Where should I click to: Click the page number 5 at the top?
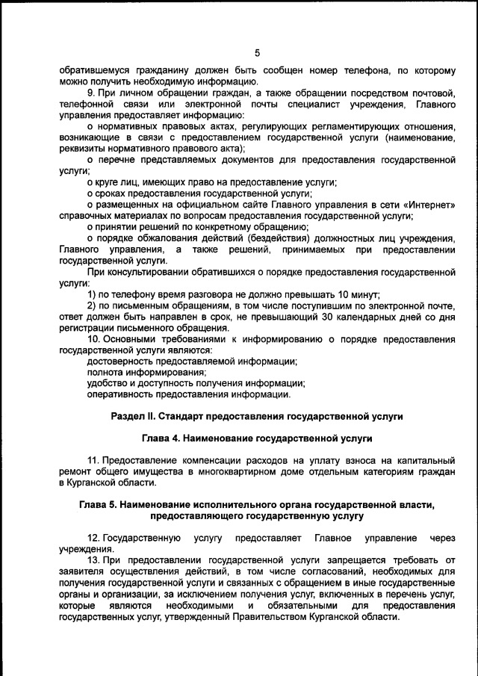(x=257, y=52)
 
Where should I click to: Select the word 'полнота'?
(x=105, y=372)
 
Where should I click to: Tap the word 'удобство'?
(x=107, y=383)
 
